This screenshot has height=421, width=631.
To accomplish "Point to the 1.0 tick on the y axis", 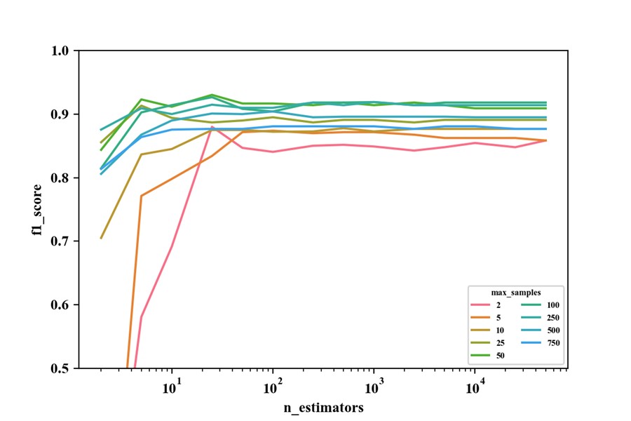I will [x=63, y=51].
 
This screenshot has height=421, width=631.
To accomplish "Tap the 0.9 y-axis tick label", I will [x=63, y=114].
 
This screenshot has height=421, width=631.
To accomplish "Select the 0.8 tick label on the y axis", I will [x=63, y=178].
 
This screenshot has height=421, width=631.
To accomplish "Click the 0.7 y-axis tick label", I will [x=63, y=241].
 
